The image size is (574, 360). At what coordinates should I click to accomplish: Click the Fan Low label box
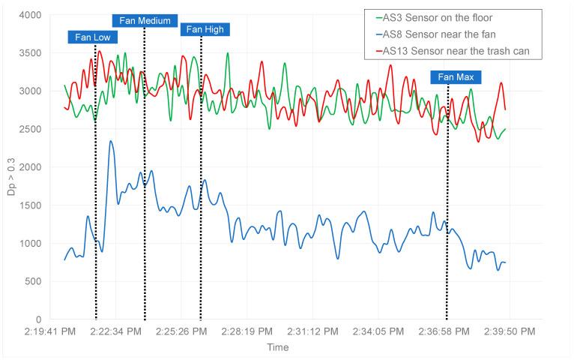pyautogui.click(x=92, y=37)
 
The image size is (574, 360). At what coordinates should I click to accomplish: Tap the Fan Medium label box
pyautogui.click(x=145, y=20)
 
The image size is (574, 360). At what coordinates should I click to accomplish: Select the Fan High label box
pyautogui.click(x=205, y=29)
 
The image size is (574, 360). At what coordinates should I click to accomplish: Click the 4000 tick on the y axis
pyautogui.click(x=31, y=15)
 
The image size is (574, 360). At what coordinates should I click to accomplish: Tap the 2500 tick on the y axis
pyautogui.click(x=31, y=129)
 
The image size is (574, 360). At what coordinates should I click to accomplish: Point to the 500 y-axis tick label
pyautogui.click(x=34, y=281)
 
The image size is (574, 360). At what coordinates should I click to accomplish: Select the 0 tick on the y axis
pyautogui.click(x=39, y=319)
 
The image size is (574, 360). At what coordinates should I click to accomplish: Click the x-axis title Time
pyautogui.click(x=277, y=347)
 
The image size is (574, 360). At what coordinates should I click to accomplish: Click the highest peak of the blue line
pyautogui.click(x=111, y=141)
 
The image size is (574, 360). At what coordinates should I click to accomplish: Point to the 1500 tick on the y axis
pyautogui.click(x=31, y=205)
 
